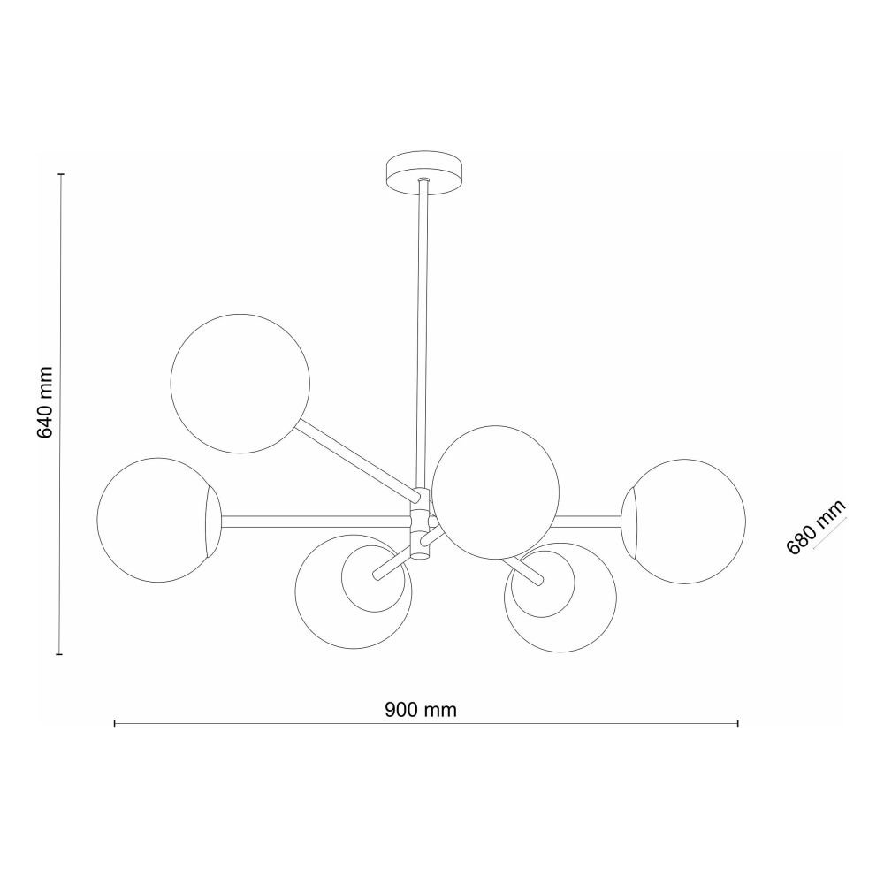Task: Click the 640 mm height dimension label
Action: (x=44, y=402)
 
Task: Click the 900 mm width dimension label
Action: (x=421, y=710)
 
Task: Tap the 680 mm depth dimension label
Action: (x=816, y=527)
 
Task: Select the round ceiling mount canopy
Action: (x=423, y=173)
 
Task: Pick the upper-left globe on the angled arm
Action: (x=240, y=384)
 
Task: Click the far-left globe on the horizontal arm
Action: (x=159, y=520)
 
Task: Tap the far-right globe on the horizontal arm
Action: (x=683, y=522)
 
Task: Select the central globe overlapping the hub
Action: (x=496, y=492)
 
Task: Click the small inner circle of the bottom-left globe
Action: (x=373, y=579)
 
